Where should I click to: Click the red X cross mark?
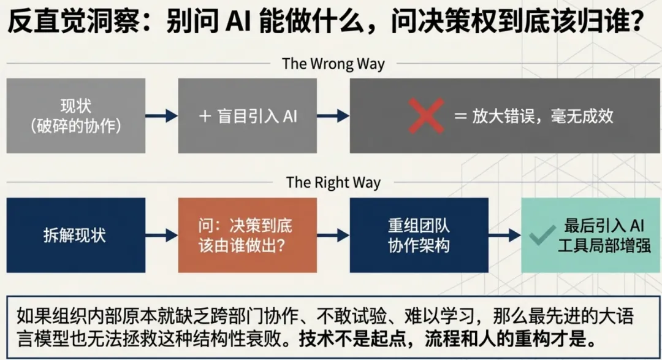click(426, 116)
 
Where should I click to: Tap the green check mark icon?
click(542, 236)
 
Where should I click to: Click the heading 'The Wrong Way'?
click(333, 64)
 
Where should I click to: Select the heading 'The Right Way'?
click(333, 182)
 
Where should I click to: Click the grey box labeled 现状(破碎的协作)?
click(76, 116)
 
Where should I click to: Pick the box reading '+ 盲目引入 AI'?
click(248, 116)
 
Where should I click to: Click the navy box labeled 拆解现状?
click(76, 236)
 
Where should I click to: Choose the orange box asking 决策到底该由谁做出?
click(248, 236)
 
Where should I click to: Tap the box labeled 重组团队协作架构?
click(419, 236)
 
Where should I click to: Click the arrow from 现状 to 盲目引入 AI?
click(162, 116)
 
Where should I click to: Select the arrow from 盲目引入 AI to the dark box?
click(333, 116)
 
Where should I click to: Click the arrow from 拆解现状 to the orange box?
click(162, 236)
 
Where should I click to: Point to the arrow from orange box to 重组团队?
click(333, 236)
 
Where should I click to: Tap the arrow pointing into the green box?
click(504, 236)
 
